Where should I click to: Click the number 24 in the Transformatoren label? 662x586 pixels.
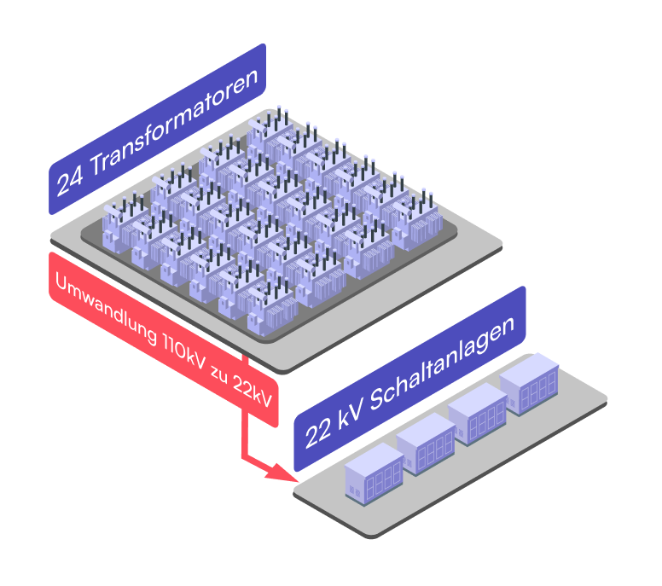(x=70, y=179)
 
